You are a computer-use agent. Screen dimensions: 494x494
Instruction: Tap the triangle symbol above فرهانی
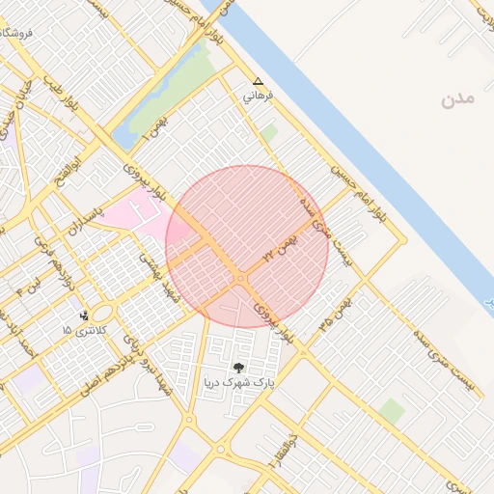[258, 82]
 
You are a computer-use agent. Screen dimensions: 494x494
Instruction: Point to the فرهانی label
[258, 97]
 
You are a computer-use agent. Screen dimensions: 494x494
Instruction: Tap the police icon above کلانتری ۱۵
[85, 315]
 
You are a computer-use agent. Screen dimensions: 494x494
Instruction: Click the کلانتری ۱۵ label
[86, 331]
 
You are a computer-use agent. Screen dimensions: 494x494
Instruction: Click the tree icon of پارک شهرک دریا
[238, 367]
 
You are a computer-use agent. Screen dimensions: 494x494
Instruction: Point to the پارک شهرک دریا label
[238, 383]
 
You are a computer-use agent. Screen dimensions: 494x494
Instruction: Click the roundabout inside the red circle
[239, 279]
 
